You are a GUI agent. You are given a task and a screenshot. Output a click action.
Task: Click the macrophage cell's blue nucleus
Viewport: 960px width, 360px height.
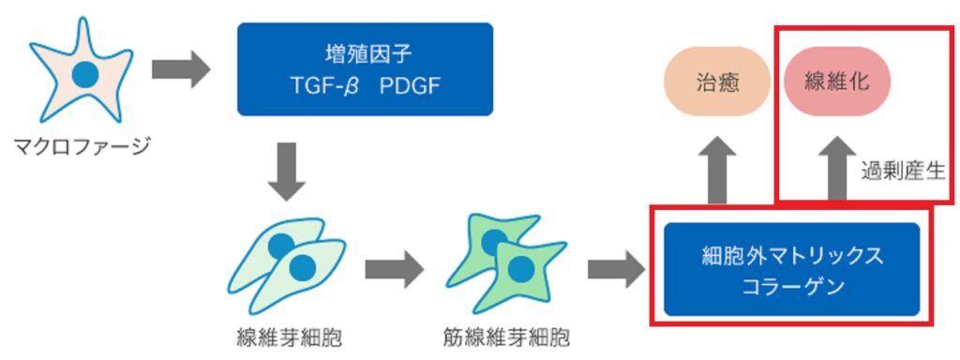click(x=85, y=74)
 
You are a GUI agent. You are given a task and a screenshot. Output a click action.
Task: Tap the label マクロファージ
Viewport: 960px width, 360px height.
click(x=82, y=147)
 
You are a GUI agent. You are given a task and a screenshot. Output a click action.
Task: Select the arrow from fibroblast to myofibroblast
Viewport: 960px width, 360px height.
click(x=394, y=269)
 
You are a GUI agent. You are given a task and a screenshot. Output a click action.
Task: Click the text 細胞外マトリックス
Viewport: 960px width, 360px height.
click(x=792, y=255)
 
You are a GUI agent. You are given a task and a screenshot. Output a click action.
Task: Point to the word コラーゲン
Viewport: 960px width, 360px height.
click(x=792, y=286)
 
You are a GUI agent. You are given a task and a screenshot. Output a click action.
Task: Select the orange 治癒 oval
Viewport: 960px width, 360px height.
click(x=719, y=82)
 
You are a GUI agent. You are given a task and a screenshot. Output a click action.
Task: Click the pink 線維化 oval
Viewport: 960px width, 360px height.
click(x=837, y=82)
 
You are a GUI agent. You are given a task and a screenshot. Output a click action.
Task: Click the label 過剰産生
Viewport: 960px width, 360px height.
click(x=903, y=171)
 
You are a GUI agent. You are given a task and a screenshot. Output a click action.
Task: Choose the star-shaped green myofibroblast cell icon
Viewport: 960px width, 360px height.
click(x=504, y=267)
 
